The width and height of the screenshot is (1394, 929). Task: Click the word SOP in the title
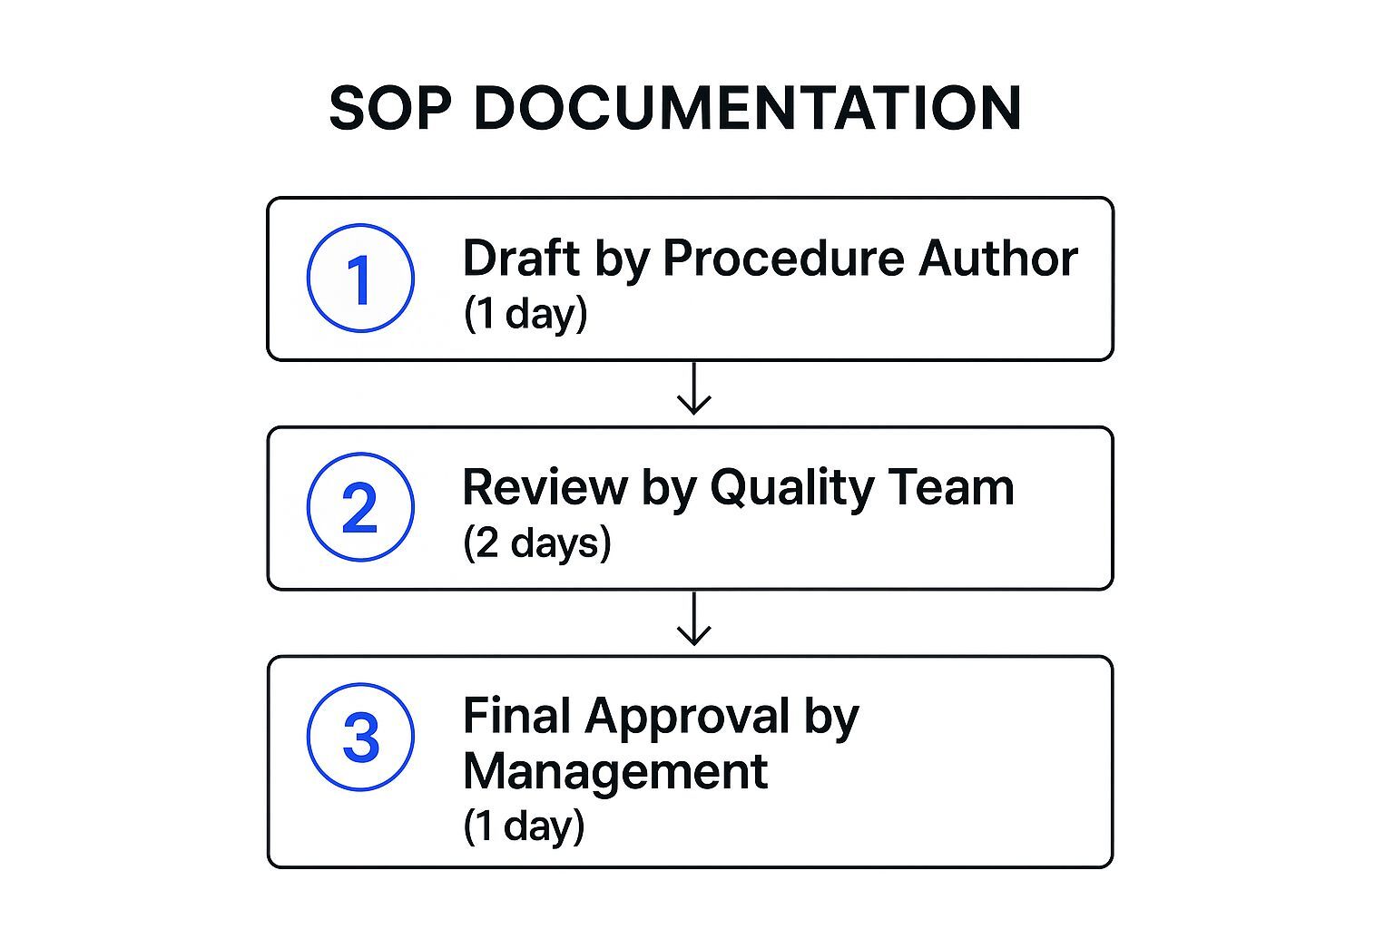(389, 108)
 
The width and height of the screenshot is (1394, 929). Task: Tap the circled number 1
(360, 279)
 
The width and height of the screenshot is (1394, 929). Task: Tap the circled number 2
(360, 507)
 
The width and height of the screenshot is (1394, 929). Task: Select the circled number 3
(360, 737)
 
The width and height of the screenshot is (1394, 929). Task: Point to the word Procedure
(783, 258)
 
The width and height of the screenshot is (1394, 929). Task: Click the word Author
(997, 258)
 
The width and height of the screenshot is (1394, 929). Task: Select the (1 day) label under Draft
(525, 314)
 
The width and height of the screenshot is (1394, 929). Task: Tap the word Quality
(790, 487)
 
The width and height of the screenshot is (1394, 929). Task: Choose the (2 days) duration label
(537, 543)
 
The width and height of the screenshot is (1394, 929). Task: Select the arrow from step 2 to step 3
(694, 620)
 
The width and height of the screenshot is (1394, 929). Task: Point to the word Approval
(687, 717)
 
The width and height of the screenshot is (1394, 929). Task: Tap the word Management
(614, 772)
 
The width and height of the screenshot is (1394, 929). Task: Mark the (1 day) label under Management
(524, 826)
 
